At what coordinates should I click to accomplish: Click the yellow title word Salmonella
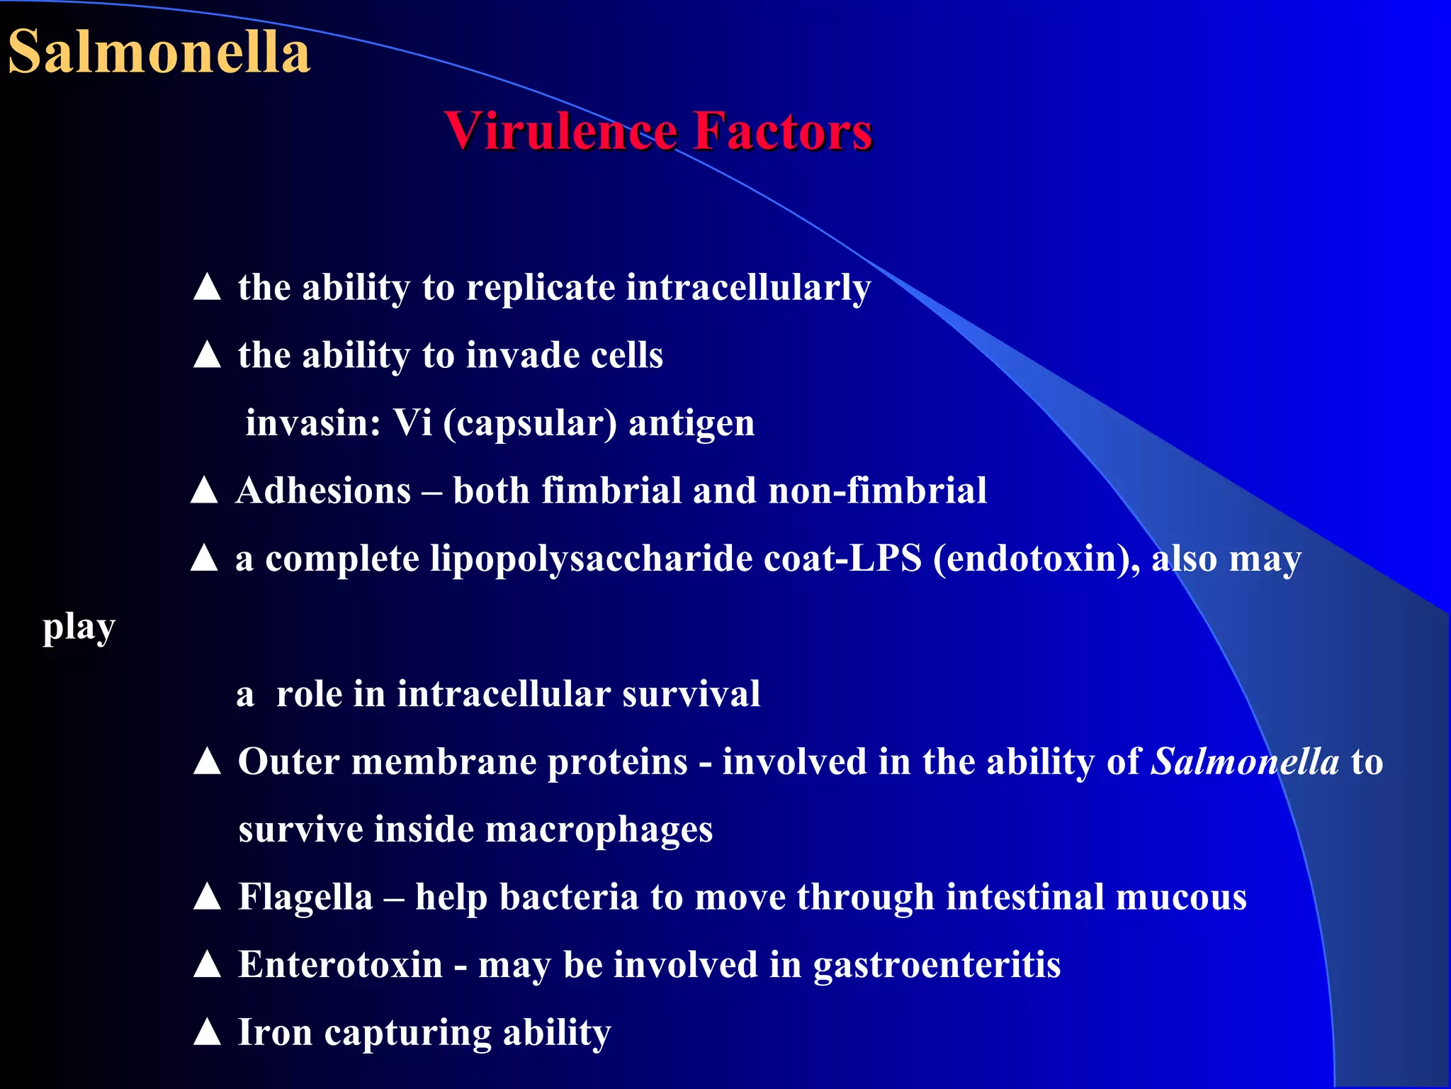point(159,52)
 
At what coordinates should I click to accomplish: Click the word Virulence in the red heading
point(561,131)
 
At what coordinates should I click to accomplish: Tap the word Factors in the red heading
point(782,131)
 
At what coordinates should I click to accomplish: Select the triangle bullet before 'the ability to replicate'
point(207,287)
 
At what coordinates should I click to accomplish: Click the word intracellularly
point(748,289)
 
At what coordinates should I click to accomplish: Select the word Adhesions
point(324,491)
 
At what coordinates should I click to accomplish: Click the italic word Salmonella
point(1245,762)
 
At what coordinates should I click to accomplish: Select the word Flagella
point(305,898)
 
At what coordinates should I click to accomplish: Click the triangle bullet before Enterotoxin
point(207,964)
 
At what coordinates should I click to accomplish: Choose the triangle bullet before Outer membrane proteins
point(207,761)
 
